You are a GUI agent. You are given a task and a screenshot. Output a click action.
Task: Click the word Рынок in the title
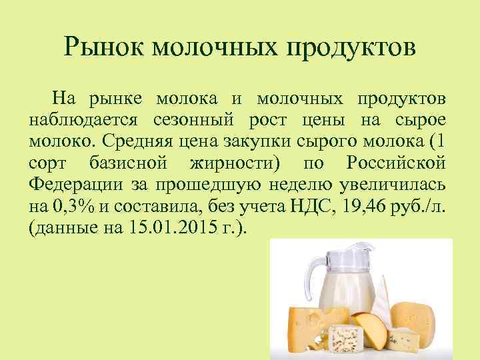point(104,48)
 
